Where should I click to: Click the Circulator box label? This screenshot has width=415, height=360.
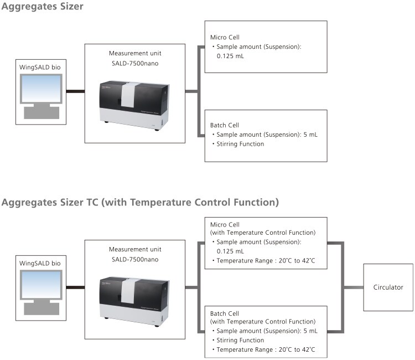click(x=388, y=287)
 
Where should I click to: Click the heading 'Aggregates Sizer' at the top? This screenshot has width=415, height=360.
click(x=43, y=6)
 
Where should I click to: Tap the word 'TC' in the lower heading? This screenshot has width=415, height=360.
click(x=92, y=202)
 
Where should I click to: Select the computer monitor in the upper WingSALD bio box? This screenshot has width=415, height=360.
click(x=41, y=89)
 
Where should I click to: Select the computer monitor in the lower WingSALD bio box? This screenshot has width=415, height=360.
click(x=41, y=285)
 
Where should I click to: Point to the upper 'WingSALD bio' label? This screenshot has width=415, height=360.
click(x=40, y=67)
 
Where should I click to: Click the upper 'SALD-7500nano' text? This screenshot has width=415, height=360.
click(x=135, y=64)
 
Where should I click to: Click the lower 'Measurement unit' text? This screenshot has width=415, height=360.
click(x=135, y=249)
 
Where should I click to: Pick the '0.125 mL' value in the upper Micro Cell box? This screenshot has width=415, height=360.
click(x=230, y=56)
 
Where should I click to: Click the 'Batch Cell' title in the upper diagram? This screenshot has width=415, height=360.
click(x=225, y=125)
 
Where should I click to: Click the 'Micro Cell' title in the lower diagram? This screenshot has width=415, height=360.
click(x=225, y=225)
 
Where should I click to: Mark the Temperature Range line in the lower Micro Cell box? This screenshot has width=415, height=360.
click(x=263, y=261)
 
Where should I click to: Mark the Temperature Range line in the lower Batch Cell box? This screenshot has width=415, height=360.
click(x=263, y=349)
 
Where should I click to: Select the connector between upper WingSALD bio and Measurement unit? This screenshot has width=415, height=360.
click(x=75, y=91)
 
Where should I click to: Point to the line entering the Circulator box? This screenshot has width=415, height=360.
click(x=354, y=287)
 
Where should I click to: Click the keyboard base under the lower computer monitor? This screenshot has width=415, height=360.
click(x=41, y=309)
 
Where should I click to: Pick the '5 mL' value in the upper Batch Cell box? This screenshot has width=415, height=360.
click(x=310, y=135)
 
